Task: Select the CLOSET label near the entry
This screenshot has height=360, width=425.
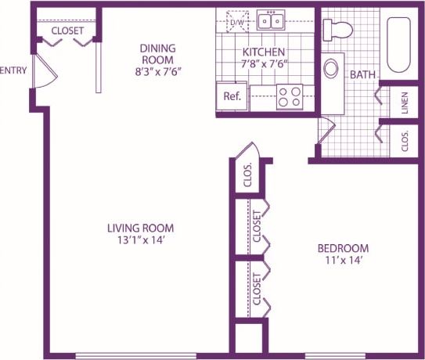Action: (67, 31)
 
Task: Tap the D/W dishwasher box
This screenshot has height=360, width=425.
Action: (237, 22)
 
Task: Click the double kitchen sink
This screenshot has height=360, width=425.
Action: (271, 20)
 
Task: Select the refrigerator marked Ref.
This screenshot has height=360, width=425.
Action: (232, 96)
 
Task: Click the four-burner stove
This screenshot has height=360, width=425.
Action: (289, 97)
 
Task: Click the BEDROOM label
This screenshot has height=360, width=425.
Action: (342, 247)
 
